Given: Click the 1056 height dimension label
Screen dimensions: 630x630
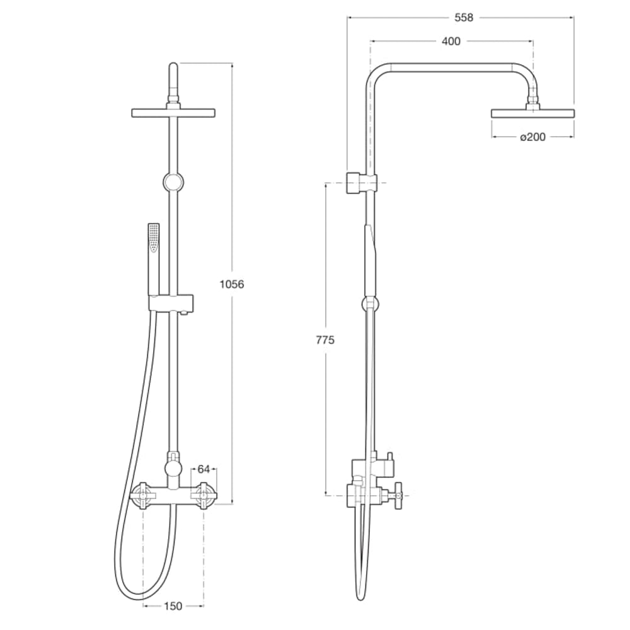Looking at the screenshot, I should click(x=231, y=283).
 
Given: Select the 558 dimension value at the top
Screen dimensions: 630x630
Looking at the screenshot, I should click(x=463, y=18).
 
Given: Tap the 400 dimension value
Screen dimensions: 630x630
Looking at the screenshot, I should click(x=451, y=42).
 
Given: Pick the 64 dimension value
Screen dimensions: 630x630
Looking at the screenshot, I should click(x=203, y=469).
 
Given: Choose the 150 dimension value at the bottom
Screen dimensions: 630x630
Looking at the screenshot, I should click(x=173, y=606).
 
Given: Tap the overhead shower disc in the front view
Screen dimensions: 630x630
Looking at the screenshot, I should click(x=174, y=112).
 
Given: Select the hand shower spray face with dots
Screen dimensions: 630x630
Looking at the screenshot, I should click(x=153, y=239).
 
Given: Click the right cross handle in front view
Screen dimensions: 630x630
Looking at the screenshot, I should click(x=203, y=494).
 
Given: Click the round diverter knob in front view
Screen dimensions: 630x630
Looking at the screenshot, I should click(x=171, y=467).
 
